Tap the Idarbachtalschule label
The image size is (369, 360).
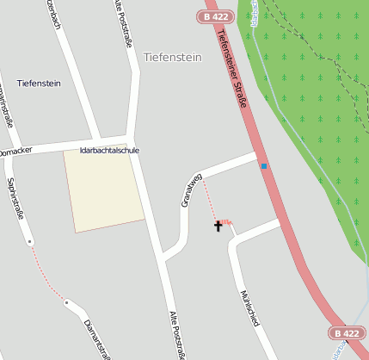(108, 150)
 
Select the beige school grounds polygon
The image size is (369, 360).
(104, 191)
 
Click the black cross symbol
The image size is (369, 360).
(218, 226)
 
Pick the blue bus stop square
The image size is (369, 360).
(264, 165)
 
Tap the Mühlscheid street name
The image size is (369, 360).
(249, 307)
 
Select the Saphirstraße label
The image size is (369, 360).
(14, 198)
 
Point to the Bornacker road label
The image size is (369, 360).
(15, 152)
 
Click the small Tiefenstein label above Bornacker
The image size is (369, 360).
(39, 83)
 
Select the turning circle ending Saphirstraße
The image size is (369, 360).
(30, 242)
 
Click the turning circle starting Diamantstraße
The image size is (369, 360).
(66, 302)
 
